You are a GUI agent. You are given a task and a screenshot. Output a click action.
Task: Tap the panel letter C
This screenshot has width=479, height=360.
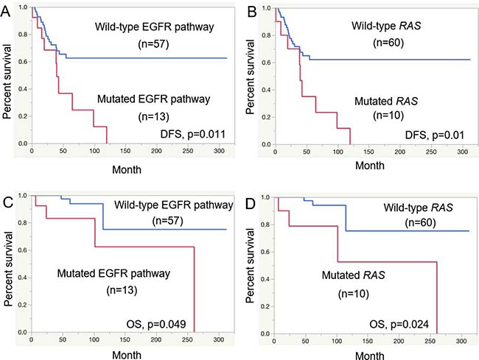tap(7, 193)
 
